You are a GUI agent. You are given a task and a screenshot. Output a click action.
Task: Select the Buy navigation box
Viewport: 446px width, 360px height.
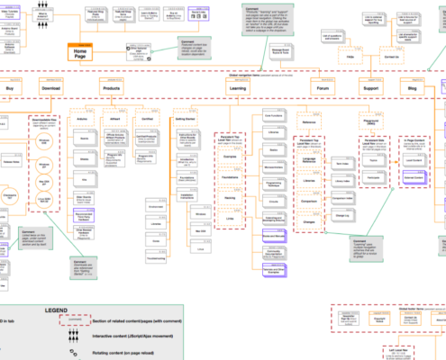pos(9,91)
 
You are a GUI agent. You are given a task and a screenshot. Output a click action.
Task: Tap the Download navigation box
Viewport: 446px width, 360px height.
pos(51,91)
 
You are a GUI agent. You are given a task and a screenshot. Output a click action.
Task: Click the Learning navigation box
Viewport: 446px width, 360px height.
pos(238,91)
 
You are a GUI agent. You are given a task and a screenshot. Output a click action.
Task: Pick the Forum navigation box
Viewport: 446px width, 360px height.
pos(322,91)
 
